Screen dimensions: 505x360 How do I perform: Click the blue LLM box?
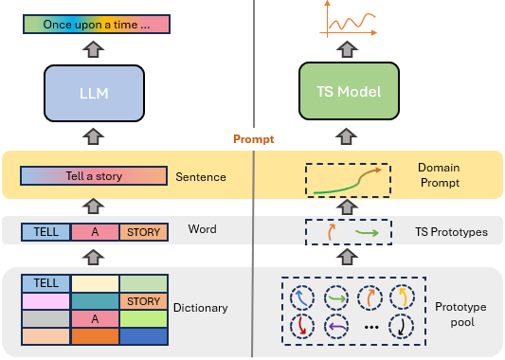pos(94,93)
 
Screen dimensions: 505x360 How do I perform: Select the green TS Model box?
pos(349,91)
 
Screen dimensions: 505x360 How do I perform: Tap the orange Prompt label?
pos(254,139)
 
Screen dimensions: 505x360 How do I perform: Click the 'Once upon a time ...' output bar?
pos(97,24)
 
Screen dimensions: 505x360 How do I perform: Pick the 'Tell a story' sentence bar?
pos(94,176)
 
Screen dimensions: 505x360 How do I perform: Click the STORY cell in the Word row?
pos(144,232)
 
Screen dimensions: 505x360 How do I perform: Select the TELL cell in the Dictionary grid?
pos(46,283)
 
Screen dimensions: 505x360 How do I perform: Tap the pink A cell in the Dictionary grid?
pos(95,318)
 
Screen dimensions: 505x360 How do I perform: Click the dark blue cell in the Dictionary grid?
pos(144,336)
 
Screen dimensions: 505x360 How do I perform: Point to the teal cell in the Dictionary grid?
pos(95,301)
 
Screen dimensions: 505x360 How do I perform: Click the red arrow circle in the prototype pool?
pos(302,327)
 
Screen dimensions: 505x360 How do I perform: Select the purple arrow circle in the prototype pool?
pos(336,327)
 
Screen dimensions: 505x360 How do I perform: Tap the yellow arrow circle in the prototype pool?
pos(403,297)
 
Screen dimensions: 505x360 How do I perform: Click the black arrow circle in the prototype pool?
pos(401,327)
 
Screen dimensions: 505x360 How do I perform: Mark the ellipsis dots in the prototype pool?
pos(371,328)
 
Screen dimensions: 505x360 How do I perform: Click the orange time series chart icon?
pos(348,19)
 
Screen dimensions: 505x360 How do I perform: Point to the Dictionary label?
pos(200,308)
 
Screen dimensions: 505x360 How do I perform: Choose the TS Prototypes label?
pos(451,232)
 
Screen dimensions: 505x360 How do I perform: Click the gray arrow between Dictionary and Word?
pos(94,257)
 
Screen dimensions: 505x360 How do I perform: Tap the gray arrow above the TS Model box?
pos(347,49)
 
